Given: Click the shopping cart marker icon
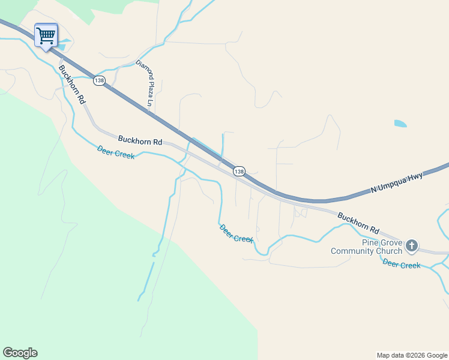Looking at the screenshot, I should pos(46,35).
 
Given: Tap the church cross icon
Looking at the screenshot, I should pos(412,245).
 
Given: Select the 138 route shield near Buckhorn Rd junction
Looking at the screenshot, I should pos(239,172).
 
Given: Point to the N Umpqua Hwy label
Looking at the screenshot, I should pos(397,182).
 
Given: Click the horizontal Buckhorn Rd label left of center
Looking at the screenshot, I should pos(140,140).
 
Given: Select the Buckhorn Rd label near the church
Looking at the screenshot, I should pos(358,223).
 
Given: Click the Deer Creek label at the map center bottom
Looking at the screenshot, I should pos(237,233).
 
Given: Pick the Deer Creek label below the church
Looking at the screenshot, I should pos(401,265).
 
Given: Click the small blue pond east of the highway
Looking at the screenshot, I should pos(400,124).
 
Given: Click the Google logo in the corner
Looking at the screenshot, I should pos(20,352).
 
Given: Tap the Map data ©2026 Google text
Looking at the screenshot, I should pos(412,355).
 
